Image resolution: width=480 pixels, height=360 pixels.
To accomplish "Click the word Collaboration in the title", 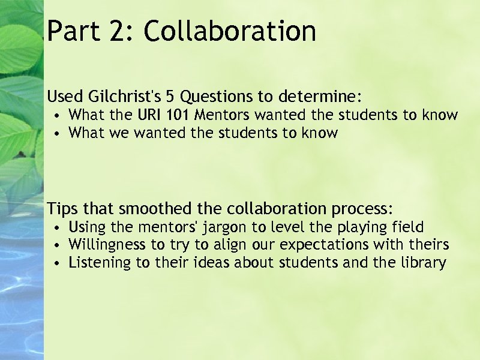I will coord(230,31).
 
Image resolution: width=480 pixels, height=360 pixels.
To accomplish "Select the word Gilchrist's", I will coord(133,96).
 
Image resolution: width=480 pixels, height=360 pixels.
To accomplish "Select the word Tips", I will coord(62,209).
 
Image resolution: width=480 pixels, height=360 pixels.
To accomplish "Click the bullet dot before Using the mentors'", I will coord(55,228).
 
